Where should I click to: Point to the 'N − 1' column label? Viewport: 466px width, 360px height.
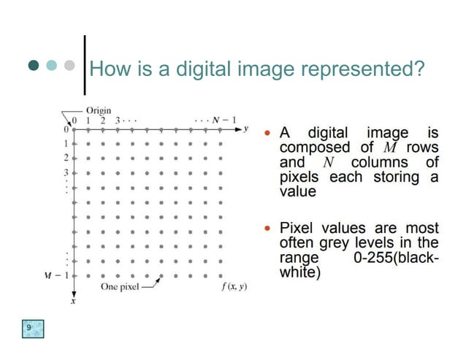tap(224, 119)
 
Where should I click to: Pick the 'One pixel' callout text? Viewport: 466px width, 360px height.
tap(119, 286)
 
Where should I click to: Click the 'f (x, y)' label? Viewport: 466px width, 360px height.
tap(234, 286)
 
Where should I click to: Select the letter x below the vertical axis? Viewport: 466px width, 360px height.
tap(72, 301)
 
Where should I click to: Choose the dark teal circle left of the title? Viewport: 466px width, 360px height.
tap(34, 66)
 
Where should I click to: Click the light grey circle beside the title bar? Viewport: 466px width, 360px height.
tap(70, 66)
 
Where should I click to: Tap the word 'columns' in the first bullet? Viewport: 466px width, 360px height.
tap(380, 162)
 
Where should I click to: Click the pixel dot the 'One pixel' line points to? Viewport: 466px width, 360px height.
tap(161, 276)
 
